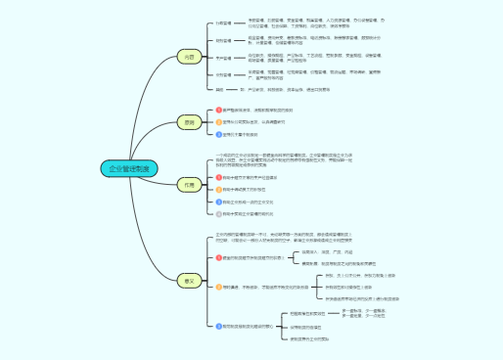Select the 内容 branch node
point(190,58)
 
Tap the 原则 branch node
point(190,122)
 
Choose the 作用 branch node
point(190,184)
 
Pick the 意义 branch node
point(190,281)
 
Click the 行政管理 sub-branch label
point(222,22)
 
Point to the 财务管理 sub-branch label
point(222,41)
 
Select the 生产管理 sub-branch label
point(222,59)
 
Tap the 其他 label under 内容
point(220,90)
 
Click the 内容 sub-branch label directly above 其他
point(222,74)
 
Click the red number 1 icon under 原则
point(220,110)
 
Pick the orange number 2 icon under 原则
point(220,122)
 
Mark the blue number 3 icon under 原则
point(220,134)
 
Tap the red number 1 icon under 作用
point(219,177)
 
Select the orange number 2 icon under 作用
point(219,189)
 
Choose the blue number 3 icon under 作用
point(219,201)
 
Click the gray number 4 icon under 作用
point(219,212)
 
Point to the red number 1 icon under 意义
point(219,257)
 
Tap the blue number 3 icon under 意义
point(219,325)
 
